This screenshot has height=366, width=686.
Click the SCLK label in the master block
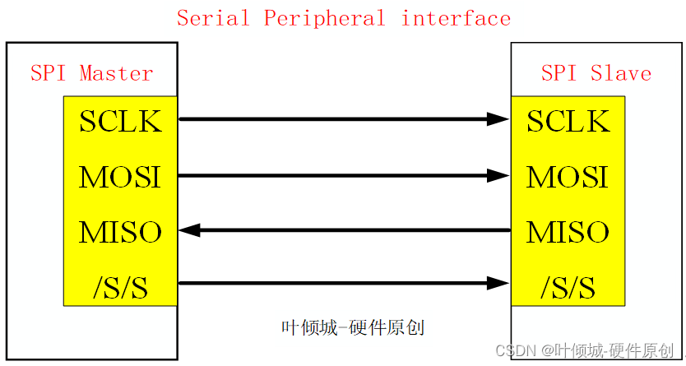tap(120, 122)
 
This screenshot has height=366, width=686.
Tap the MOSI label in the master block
tap(120, 177)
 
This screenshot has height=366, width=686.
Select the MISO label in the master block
tap(120, 232)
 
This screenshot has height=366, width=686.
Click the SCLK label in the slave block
tap(568, 122)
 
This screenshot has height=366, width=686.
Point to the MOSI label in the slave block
tap(568, 177)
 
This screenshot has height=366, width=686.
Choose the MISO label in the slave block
tap(568, 232)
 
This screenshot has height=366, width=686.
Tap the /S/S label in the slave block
tap(568, 287)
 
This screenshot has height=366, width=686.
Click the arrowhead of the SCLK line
tap(498, 119)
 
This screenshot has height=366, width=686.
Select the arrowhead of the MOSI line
tap(498, 175)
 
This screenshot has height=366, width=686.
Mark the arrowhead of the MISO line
tap(190, 230)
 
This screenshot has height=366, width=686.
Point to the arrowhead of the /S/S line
tap(498, 284)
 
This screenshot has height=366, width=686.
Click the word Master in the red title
tap(116, 73)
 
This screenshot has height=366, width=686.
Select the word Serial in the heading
tap(214, 18)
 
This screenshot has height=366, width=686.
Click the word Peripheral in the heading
tap(324, 18)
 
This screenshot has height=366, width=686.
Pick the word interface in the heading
tap(456, 18)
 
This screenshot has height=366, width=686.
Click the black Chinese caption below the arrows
tap(353, 327)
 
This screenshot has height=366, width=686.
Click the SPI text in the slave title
tap(559, 73)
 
